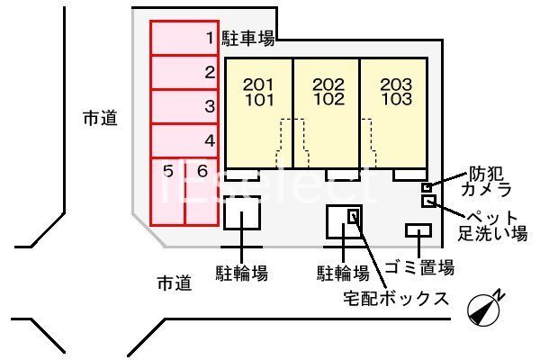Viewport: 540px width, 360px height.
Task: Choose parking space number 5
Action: [166, 191]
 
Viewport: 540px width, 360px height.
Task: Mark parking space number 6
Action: [202, 191]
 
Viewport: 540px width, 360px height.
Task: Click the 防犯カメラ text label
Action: [486, 181]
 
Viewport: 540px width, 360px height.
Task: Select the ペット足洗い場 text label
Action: [492, 226]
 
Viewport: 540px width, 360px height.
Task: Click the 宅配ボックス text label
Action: [395, 298]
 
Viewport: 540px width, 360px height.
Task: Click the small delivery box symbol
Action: [355, 217]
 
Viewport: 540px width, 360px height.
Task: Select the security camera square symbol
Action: [427, 187]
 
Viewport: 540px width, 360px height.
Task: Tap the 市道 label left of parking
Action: [98, 117]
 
